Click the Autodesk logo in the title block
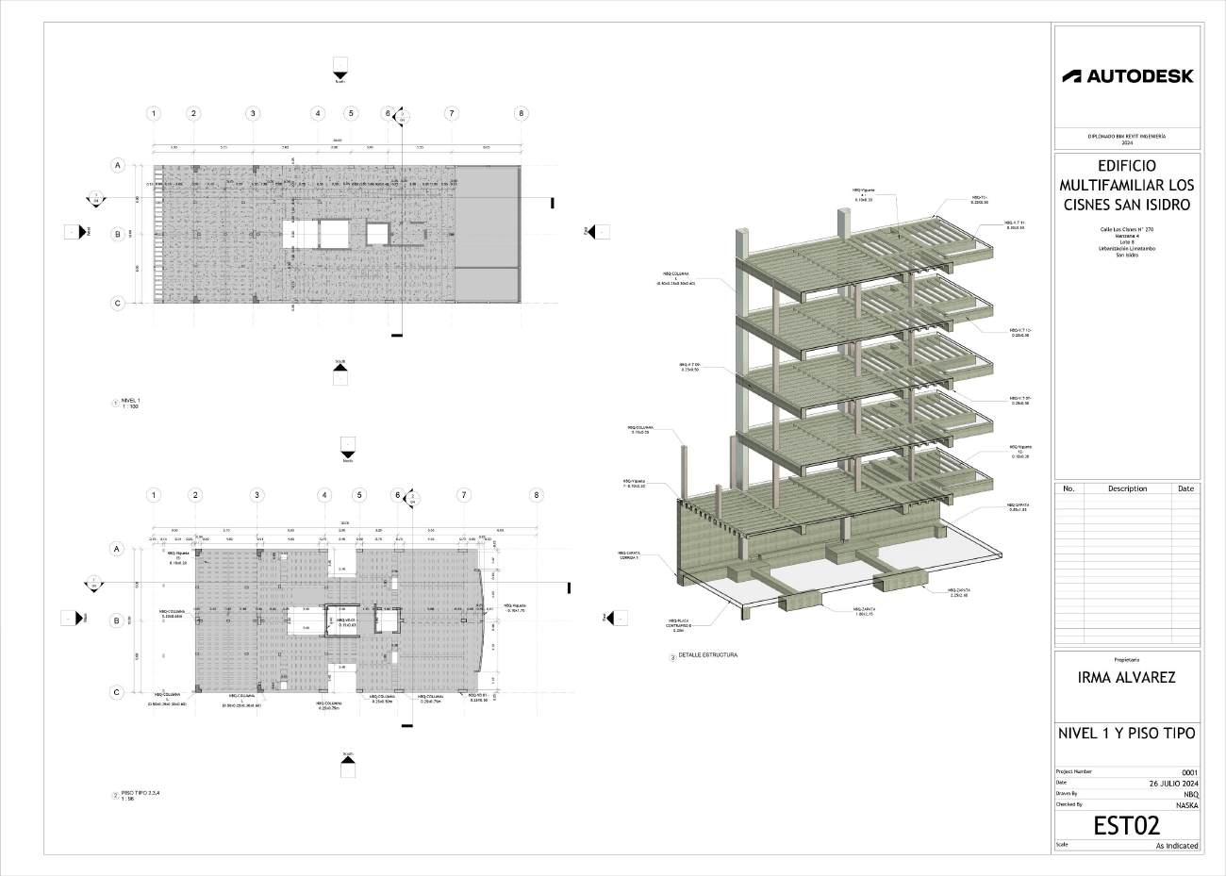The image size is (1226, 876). tap(1127, 75)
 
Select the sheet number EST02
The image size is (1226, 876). tap(1126, 826)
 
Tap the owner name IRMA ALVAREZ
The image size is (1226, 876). tap(1126, 677)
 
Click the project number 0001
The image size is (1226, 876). tap(1189, 772)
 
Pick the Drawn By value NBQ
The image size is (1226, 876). tap(1190, 794)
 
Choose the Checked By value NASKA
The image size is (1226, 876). tap(1186, 805)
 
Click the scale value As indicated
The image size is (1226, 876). tap(1177, 846)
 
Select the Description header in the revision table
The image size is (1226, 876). tap(1127, 488)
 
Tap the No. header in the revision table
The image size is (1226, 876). tap(1069, 488)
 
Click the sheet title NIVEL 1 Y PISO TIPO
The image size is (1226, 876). tap(1126, 734)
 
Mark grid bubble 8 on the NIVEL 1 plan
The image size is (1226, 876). tap(522, 113)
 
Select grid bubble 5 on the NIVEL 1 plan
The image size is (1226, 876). tap(351, 113)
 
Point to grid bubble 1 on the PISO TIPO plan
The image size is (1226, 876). tap(154, 495)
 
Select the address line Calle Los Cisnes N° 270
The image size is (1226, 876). tap(1126, 229)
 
